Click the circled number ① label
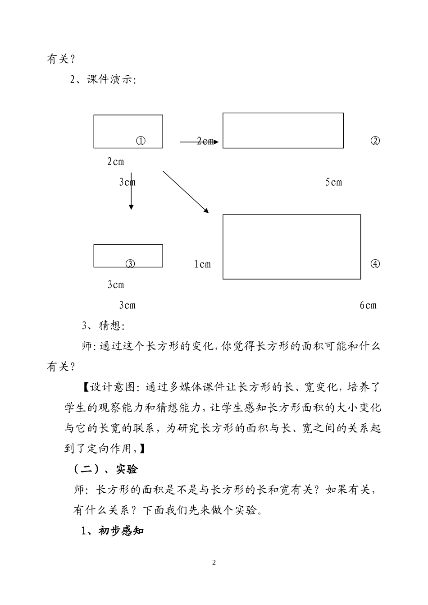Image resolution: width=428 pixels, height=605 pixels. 141,141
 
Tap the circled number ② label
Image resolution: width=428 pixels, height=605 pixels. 375,141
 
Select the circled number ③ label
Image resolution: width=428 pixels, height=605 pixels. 130,264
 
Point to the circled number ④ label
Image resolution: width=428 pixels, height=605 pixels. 375,264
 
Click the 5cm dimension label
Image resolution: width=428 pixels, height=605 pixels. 334,182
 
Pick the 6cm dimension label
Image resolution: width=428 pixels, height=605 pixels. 368,305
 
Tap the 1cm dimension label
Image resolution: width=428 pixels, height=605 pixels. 202,264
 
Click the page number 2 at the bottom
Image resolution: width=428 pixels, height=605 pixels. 214,562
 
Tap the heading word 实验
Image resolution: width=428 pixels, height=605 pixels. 127,469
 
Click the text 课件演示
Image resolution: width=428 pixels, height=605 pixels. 110,80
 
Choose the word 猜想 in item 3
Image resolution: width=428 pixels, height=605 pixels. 110,325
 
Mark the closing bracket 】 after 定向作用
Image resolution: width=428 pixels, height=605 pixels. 142,449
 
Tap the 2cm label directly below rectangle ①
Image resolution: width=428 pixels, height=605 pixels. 116,161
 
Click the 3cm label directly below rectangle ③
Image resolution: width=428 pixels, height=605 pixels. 116,284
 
